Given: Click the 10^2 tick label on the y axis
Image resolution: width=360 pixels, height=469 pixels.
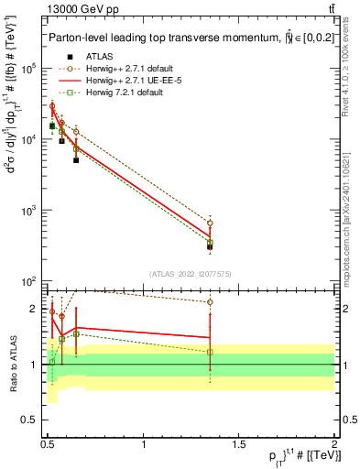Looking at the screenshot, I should tap(30, 281).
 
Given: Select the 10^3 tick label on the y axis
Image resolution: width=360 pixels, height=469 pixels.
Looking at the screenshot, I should tap(30, 211).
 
